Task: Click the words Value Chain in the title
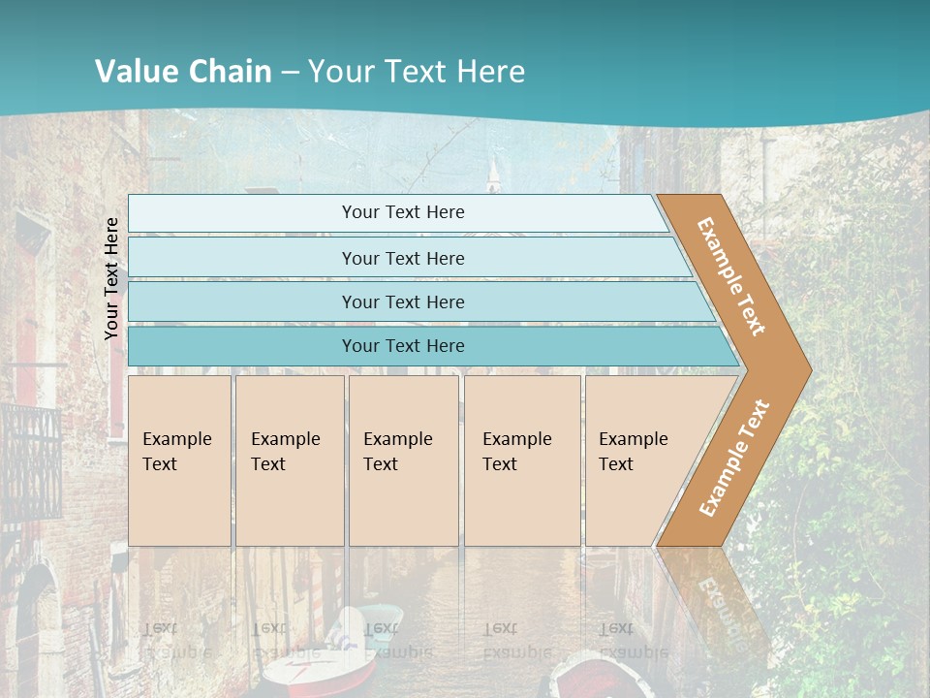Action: click(x=183, y=72)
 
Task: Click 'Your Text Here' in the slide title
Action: click(x=417, y=72)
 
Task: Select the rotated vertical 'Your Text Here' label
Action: click(x=111, y=278)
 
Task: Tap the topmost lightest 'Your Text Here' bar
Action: click(x=403, y=212)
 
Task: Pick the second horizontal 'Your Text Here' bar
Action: click(x=403, y=258)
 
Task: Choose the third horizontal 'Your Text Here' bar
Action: click(x=403, y=301)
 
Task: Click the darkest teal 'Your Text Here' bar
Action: click(x=403, y=346)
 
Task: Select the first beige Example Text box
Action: click(x=179, y=460)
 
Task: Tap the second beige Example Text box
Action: click(x=290, y=460)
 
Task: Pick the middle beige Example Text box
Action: click(x=403, y=460)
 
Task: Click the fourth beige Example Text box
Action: click(x=522, y=460)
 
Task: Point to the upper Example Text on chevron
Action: click(x=731, y=276)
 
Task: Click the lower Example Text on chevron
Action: click(x=733, y=459)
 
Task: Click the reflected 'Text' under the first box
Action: click(x=161, y=628)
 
